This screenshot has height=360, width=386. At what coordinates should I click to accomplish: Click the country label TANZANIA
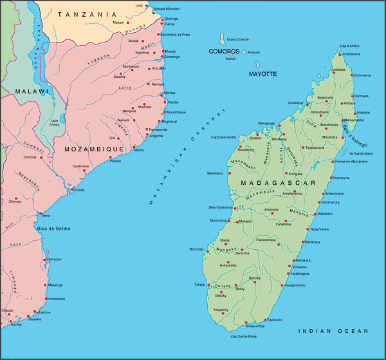point(88,14)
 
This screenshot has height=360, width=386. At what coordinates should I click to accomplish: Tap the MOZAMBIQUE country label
point(94,149)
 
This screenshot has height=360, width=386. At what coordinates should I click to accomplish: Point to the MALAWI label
point(32,91)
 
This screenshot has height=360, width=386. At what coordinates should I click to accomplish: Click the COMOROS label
point(224,51)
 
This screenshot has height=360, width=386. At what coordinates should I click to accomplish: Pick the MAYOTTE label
point(262,74)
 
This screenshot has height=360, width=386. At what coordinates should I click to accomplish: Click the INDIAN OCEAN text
point(333,330)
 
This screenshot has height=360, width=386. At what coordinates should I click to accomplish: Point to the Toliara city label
point(199,284)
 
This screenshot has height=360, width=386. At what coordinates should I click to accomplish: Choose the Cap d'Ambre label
point(349,46)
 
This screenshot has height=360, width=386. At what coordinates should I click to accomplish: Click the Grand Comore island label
point(238,39)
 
